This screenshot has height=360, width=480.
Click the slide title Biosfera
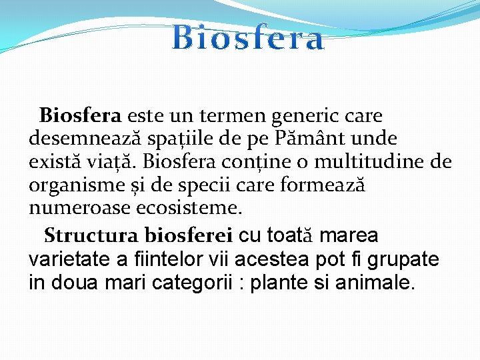tap(248, 39)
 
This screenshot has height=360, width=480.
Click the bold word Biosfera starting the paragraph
tap(80, 116)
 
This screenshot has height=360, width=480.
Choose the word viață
tap(110, 162)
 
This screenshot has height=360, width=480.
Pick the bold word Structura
tap(91, 236)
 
